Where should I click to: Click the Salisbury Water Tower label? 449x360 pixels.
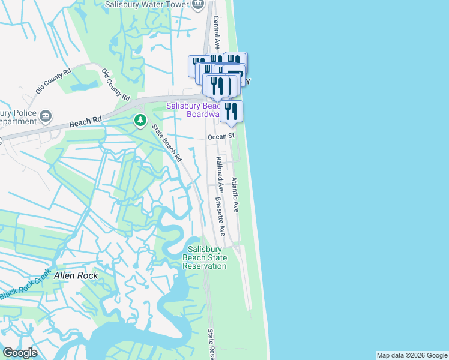click(146, 4)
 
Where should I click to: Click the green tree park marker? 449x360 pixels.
click(140, 121)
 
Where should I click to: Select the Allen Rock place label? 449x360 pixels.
click(76, 275)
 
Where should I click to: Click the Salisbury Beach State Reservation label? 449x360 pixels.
click(205, 257)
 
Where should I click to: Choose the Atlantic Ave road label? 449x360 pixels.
click(235, 194)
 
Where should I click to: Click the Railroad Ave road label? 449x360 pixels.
click(220, 175)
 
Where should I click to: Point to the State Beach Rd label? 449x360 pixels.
click(166, 143)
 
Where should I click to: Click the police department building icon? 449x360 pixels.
click(46, 115)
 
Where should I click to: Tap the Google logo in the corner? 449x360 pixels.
click(20, 353)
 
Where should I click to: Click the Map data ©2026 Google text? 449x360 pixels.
click(411, 355)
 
